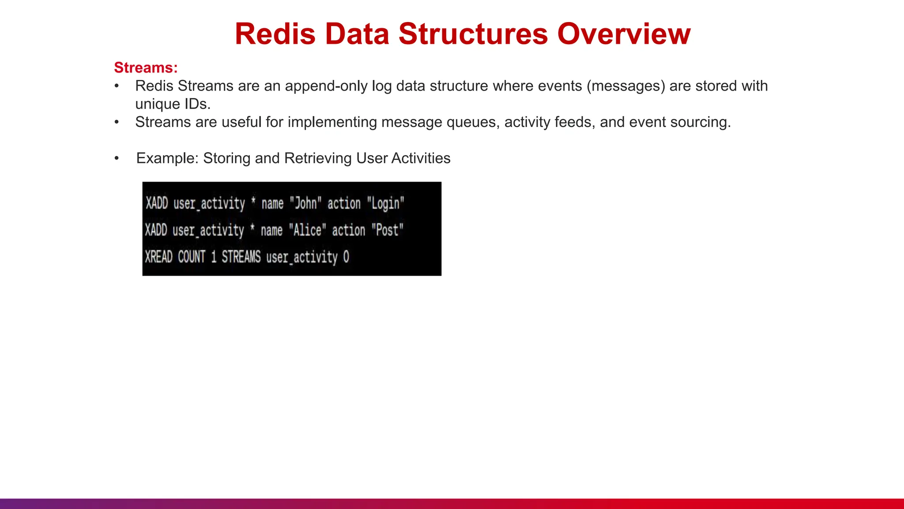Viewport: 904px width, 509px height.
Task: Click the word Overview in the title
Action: coord(624,34)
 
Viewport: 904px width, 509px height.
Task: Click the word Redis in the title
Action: coord(275,34)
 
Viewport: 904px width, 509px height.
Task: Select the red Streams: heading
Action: coord(146,68)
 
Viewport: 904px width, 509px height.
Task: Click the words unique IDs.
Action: coord(173,104)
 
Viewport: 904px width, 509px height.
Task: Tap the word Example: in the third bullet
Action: coord(168,158)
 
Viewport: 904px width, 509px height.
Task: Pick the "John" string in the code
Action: coord(305,203)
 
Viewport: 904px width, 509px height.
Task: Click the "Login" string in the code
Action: coord(385,203)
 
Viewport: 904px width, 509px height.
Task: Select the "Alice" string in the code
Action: coord(307,230)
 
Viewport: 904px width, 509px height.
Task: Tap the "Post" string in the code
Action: coord(387,230)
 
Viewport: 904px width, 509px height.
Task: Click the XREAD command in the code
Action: coord(158,257)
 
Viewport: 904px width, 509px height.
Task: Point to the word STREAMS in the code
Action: coord(241,257)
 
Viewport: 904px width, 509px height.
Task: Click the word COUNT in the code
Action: coord(192,257)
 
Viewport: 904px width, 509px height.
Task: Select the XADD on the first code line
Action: coord(157,203)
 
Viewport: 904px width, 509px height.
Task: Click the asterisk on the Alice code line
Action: coord(252,228)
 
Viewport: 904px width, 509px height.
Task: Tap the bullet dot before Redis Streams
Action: coord(117,86)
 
